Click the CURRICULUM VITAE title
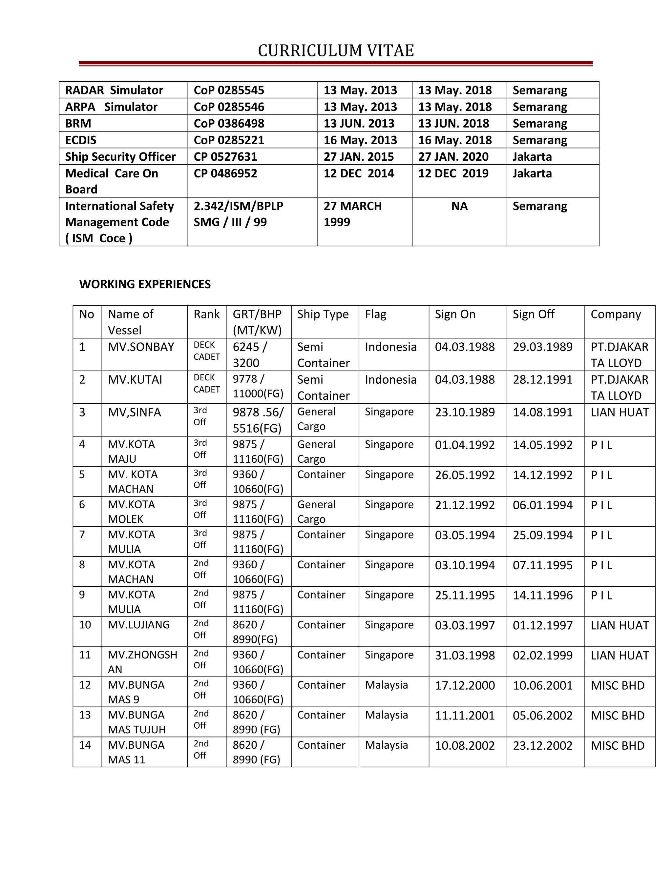click(x=336, y=51)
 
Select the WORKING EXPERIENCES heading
click(x=145, y=284)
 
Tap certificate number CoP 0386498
click(x=229, y=123)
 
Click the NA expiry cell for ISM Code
click(x=459, y=206)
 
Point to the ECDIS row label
click(x=81, y=140)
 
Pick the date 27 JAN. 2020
click(x=453, y=157)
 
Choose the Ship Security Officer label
click(x=120, y=157)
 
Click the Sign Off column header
click(x=533, y=314)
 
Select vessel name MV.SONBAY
click(x=141, y=347)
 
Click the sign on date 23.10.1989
click(x=465, y=412)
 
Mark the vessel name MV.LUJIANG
click(x=138, y=625)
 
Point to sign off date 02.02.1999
click(x=542, y=655)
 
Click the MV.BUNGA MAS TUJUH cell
click(x=136, y=722)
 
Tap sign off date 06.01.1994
click(x=542, y=505)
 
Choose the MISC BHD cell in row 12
click(x=617, y=686)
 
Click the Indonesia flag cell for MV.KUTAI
click(x=390, y=380)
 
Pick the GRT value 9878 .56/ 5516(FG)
click(x=258, y=420)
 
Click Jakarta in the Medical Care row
click(x=532, y=173)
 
